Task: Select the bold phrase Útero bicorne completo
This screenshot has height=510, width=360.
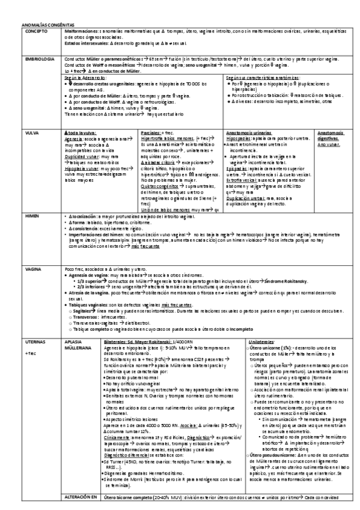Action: coord(126,497)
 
